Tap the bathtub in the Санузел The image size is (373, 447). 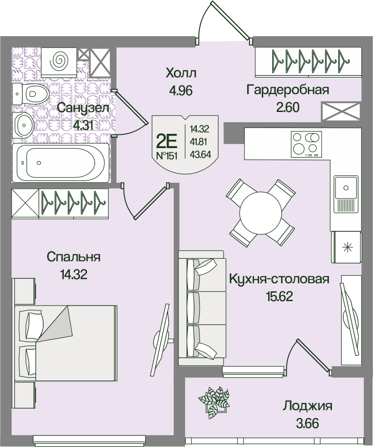coord(60,162)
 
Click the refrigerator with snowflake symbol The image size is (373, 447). coord(346,248)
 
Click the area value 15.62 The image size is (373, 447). coord(279,297)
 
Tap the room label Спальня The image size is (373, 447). coord(74,257)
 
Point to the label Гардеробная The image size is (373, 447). coord(288,90)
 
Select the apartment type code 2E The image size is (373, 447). coord(167,141)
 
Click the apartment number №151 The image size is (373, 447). coord(167,156)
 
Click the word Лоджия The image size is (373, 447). coord(307,406)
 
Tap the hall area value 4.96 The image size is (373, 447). coord(180,91)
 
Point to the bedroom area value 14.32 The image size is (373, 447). coord(74,274)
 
